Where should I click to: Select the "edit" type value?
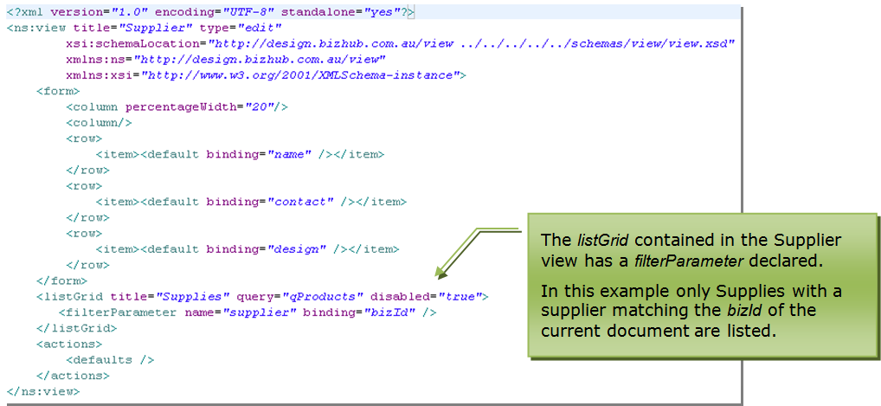(259, 28)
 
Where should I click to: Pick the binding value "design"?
(296, 249)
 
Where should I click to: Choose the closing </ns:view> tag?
(43, 391)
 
